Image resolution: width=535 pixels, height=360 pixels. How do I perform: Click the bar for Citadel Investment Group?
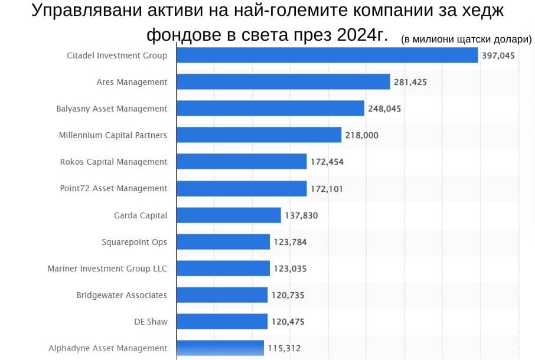click(327, 55)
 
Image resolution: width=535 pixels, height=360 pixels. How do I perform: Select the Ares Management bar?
click(283, 82)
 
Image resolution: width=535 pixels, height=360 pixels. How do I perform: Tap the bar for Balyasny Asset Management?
click(270, 109)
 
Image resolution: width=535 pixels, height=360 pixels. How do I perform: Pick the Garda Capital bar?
click(229, 215)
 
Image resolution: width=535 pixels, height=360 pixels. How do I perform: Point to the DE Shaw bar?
click(222, 322)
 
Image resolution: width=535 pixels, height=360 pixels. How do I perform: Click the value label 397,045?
click(498, 55)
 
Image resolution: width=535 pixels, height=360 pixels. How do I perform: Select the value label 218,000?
click(362, 136)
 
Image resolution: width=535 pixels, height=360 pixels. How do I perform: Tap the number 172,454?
click(327, 162)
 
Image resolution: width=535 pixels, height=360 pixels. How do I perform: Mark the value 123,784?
click(290, 242)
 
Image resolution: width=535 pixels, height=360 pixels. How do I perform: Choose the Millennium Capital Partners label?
click(113, 135)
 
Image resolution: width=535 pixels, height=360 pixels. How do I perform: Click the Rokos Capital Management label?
click(113, 162)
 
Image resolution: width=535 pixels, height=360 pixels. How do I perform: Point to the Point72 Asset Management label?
click(113, 188)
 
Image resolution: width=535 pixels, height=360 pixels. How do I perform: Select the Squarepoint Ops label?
click(134, 242)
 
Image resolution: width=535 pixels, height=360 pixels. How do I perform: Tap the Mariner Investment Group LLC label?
click(107, 269)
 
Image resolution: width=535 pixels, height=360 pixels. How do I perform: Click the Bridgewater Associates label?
click(122, 295)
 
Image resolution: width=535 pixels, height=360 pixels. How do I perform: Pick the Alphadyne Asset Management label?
click(107, 348)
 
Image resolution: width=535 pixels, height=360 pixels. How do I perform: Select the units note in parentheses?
click(466, 40)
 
